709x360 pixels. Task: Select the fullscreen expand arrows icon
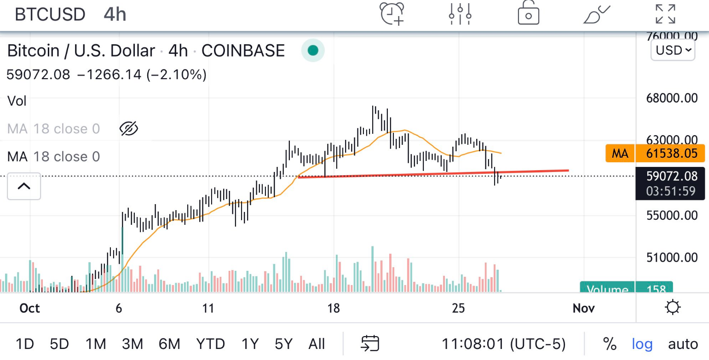pyautogui.click(x=665, y=13)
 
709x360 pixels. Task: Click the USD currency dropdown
pyautogui.click(x=673, y=50)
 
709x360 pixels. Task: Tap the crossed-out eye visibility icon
pyautogui.click(x=129, y=129)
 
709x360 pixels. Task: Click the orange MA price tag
pyautogui.click(x=620, y=153)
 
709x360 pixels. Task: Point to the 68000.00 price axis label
pyautogui.click(x=672, y=97)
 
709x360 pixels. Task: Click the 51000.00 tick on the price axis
pyautogui.click(x=672, y=257)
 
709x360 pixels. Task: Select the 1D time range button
pyautogui.click(x=25, y=343)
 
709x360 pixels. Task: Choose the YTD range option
pyautogui.click(x=210, y=343)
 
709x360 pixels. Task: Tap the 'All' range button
pyautogui.click(x=317, y=343)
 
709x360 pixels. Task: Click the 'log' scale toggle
pyautogui.click(x=642, y=343)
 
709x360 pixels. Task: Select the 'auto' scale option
pyautogui.click(x=683, y=343)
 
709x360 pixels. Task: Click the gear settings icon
pyautogui.click(x=673, y=307)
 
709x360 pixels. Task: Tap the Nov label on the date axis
pyautogui.click(x=583, y=308)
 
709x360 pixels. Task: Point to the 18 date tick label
pyautogui.click(x=334, y=308)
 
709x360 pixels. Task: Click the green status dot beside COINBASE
pyautogui.click(x=313, y=50)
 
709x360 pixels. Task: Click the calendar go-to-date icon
pyautogui.click(x=370, y=343)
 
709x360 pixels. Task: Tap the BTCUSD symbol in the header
pyautogui.click(x=50, y=14)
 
